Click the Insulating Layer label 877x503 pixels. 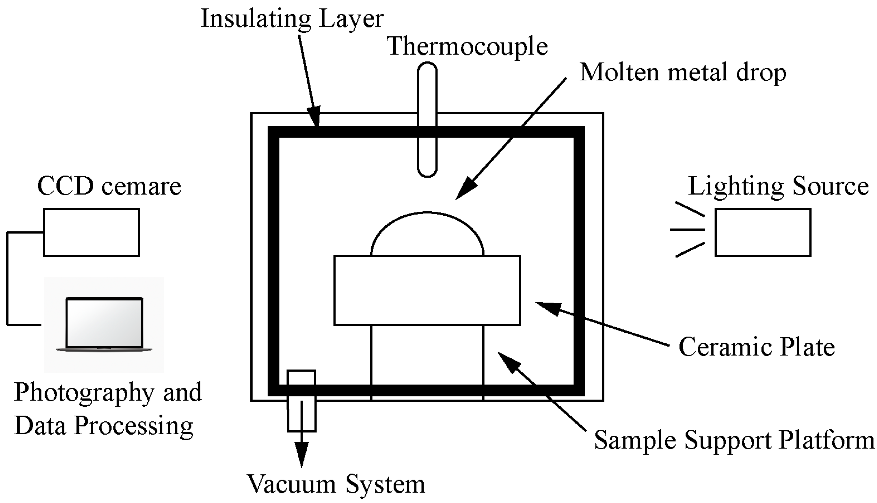coord(292,19)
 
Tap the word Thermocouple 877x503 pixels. coord(467,47)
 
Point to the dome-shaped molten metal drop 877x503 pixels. coord(427,235)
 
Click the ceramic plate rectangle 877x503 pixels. coord(427,290)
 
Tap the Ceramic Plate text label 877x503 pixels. coord(757,347)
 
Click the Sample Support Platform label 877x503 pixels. coord(734,440)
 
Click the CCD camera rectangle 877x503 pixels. coord(92,232)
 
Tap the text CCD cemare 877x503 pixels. coord(109,187)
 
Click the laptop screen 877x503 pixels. coord(104,322)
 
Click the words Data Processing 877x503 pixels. coord(104,426)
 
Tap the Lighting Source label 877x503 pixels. coord(778,187)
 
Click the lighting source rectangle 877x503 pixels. coord(763,232)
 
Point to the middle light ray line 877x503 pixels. coord(687,229)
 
